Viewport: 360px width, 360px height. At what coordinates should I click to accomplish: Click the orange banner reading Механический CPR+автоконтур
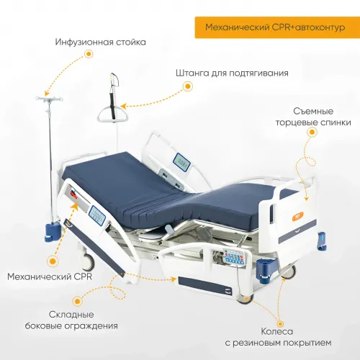coord(277,27)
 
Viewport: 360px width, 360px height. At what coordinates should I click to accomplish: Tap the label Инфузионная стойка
coord(101,42)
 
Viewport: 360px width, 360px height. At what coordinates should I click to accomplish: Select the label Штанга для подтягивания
coord(232,73)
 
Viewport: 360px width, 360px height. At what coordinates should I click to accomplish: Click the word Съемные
coord(313,112)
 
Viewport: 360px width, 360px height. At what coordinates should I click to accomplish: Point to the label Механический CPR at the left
coord(50,276)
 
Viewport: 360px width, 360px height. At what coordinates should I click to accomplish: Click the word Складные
coord(71,315)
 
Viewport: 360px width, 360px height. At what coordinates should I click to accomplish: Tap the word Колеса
coord(277,332)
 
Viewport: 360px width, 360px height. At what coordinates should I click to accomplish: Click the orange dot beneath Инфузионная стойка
coord(89,54)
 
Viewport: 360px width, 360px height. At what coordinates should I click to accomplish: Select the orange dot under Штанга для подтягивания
coord(188,86)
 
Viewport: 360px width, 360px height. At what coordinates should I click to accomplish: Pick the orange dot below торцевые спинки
coord(312,132)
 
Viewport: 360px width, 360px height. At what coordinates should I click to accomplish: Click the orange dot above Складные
coord(77,301)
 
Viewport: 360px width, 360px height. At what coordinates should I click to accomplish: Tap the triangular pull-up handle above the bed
coord(112,114)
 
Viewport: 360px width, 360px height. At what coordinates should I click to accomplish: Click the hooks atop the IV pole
coord(49,99)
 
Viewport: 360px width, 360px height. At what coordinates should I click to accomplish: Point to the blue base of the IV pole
coord(52,231)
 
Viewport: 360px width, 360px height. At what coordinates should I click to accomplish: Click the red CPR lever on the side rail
coord(74,194)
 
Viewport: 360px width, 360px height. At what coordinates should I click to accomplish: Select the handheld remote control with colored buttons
coord(232,258)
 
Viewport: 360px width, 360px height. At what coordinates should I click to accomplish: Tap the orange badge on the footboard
coord(298,216)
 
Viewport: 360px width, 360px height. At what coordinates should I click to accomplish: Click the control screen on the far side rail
coord(181,162)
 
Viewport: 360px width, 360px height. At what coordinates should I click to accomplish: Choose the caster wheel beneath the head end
coord(88,261)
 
